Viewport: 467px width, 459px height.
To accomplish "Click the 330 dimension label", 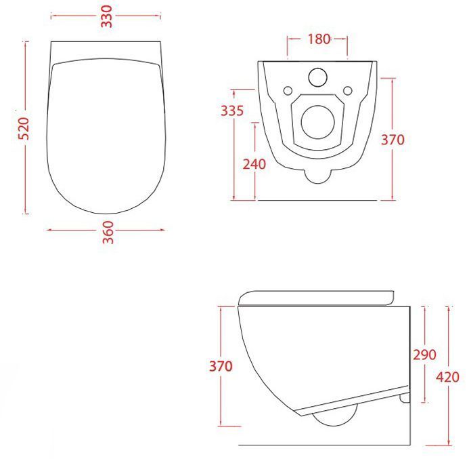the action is click(107, 16).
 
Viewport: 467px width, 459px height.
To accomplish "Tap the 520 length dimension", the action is click(24, 128).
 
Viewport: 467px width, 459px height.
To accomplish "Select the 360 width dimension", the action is click(108, 233).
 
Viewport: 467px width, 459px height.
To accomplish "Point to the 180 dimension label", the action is click(319, 39).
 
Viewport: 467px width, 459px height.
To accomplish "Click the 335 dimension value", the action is click(232, 111).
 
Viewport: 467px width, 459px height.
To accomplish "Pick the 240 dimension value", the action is click(254, 164).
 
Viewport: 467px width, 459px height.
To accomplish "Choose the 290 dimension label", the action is click(424, 355).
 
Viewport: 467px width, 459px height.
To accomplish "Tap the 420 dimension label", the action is click(447, 377).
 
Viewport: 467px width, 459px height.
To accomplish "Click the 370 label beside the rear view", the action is click(393, 140).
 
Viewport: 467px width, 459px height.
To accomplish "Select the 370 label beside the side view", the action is click(221, 366).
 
